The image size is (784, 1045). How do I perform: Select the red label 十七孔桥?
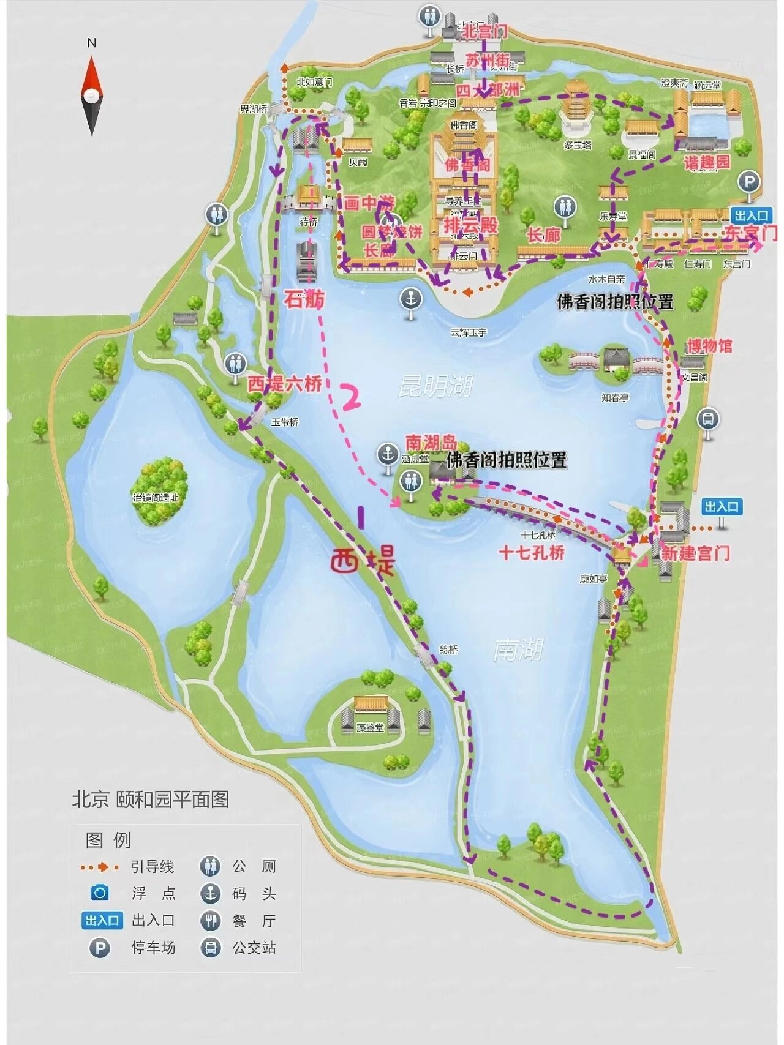pyautogui.click(x=531, y=553)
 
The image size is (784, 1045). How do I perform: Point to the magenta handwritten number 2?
pyautogui.click(x=350, y=397)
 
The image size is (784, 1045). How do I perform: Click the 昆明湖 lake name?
pyautogui.click(x=435, y=386)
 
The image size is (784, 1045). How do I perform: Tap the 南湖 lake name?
pyautogui.click(x=518, y=650)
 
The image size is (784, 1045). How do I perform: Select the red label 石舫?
pyautogui.click(x=304, y=299)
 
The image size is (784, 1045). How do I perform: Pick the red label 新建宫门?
pyautogui.click(x=695, y=553)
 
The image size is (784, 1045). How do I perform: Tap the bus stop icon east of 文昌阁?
pyautogui.click(x=708, y=420)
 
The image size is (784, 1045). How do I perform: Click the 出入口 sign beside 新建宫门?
pyautogui.click(x=722, y=507)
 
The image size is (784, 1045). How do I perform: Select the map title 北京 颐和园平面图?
pyautogui.click(x=151, y=800)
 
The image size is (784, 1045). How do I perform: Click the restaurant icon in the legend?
pyautogui.click(x=210, y=921)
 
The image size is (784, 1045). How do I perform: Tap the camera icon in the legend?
pyautogui.click(x=99, y=893)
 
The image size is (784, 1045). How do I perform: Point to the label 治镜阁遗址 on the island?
pyautogui.click(x=156, y=498)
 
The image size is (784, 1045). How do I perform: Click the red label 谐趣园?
pyautogui.click(x=707, y=162)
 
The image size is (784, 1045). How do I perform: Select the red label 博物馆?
pyautogui.click(x=709, y=346)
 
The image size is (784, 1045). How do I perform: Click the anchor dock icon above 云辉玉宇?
pyautogui.click(x=411, y=299)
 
